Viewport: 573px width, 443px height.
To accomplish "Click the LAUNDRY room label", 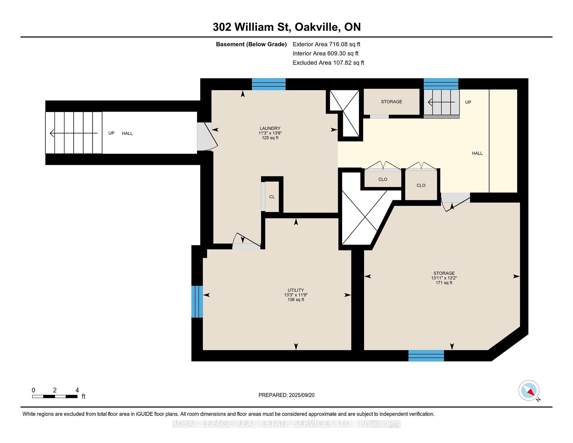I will (270, 128).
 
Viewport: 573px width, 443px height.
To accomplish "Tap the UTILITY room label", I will (295, 290).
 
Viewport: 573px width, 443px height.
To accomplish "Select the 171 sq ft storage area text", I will (444, 282).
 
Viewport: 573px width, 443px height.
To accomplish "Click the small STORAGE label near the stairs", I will (391, 102).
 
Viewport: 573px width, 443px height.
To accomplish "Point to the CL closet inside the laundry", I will (272, 197).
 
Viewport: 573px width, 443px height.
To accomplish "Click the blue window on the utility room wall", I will (197, 302).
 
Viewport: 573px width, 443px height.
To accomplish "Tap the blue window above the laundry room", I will (269, 84).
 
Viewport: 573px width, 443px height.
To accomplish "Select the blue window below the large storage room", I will (426, 356).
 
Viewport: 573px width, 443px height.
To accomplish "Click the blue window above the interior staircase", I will (441, 84).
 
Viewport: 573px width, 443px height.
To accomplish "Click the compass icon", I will (529, 390).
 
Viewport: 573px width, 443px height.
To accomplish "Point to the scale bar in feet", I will (55, 396).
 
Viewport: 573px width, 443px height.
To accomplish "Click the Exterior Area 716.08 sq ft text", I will (326, 44).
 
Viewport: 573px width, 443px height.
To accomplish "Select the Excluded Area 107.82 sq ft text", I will (328, 63).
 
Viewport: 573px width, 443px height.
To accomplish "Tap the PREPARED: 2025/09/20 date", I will (286, 395).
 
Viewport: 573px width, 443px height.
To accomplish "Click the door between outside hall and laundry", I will (206, 137).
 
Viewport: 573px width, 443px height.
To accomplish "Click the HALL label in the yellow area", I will (477, 153).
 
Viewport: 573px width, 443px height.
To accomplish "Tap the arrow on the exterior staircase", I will (73, 133).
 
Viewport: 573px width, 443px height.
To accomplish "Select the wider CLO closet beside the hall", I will (383, 179).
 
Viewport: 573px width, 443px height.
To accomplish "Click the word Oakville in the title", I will (317, 27).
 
